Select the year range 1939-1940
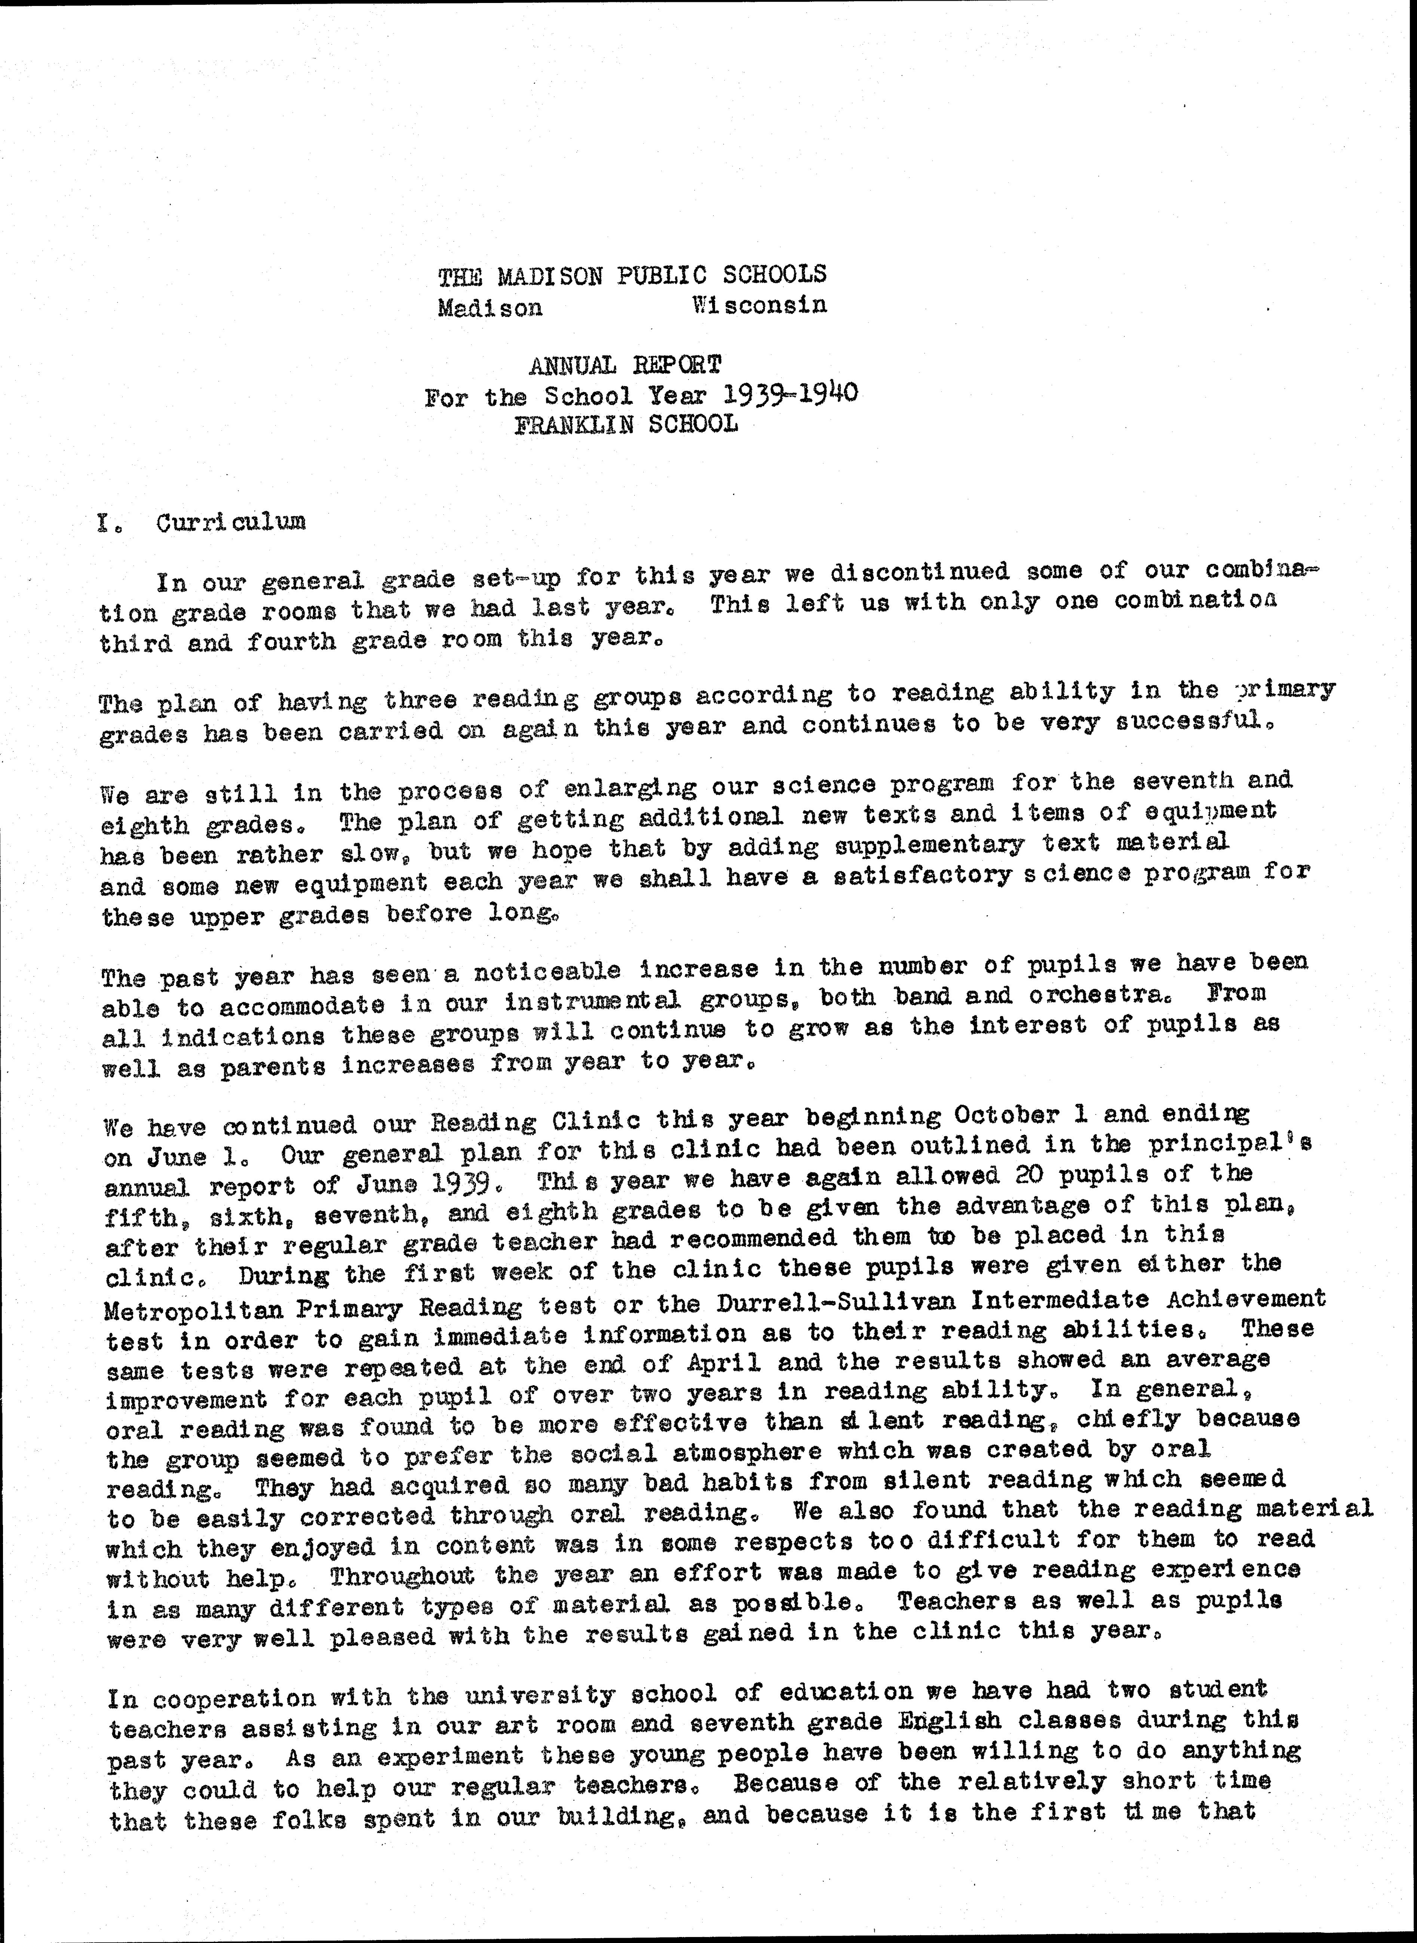(789, 394)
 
